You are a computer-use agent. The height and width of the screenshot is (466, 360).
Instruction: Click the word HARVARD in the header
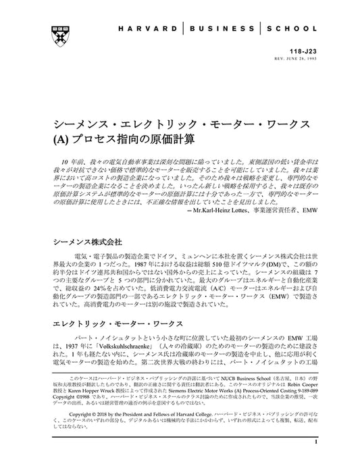click(x=152, y=30)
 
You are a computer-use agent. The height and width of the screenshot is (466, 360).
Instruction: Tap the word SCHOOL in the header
click(x=290, y=30)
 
